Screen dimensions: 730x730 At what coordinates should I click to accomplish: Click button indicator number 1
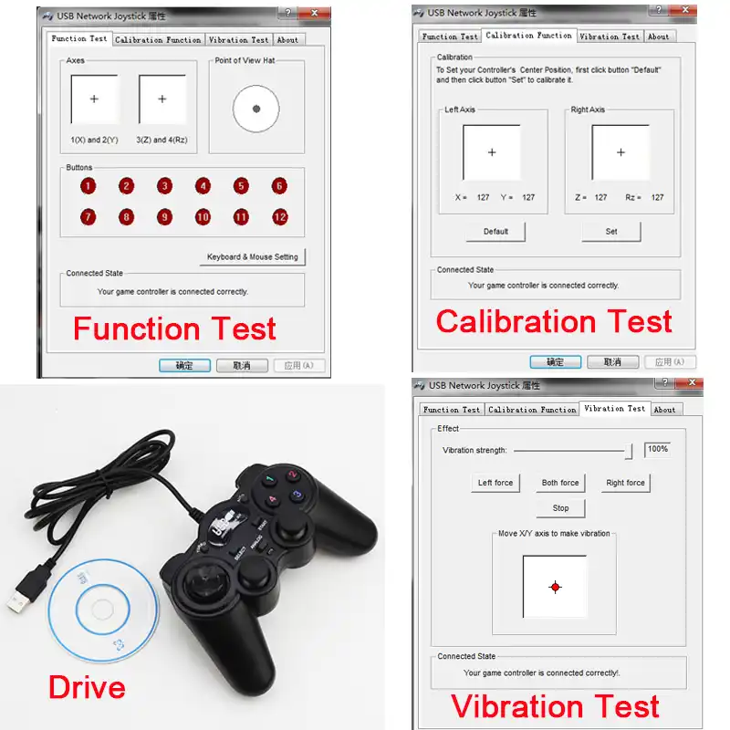pos(88,186)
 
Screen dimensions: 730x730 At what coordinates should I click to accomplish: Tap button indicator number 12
pos(279,217)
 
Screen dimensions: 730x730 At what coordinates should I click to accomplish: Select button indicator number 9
pos(164,217)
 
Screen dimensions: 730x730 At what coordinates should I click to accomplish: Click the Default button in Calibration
pos(495,232)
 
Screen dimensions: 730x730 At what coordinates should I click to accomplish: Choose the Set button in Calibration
pos(611,232)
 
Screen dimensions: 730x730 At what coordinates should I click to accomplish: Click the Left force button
pos(495,483)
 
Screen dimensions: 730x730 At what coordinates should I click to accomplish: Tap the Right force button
pos(625,483)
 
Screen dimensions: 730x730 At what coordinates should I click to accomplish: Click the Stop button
pos(560,508)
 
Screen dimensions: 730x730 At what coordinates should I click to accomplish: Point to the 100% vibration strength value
pos(657,449)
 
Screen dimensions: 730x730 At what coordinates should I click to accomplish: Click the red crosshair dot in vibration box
pos(555,587)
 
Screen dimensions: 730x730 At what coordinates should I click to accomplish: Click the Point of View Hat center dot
pos(256,109)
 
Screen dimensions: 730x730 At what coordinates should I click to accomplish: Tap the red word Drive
pos(87,687)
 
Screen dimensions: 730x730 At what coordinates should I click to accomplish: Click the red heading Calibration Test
pos(554,321)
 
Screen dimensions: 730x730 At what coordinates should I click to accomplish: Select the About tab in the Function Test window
pos(287,40)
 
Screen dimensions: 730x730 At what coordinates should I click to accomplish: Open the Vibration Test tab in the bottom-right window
pos(614,409)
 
